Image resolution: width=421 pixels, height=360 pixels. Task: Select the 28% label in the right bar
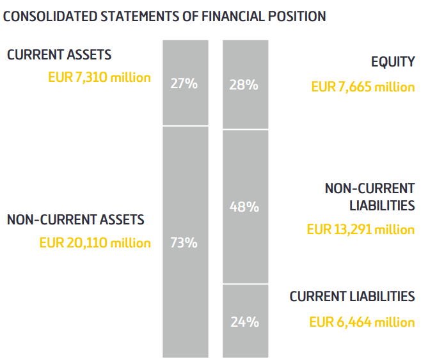(x=244, y=84)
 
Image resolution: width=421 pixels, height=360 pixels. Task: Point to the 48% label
(x=244, y=207)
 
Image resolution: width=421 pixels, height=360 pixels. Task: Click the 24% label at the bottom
(x=244, y=322)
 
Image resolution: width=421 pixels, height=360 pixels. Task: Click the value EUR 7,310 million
(x=99, y=77)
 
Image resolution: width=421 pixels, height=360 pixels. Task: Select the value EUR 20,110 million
(x=95, y=243)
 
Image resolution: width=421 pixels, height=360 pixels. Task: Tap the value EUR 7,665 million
(x=363, y=86)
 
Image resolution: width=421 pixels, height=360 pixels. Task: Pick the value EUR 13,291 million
(x=360, y=229)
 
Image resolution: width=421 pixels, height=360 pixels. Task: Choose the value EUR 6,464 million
(x=361, y=322)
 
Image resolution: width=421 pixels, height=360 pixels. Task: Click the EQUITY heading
(x=393, y=62)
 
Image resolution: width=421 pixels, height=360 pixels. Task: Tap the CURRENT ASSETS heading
(x=59, y=55)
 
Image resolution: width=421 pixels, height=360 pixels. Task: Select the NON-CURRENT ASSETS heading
(x=75, y=220)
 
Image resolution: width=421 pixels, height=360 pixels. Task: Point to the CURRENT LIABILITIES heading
(x=352, y=297)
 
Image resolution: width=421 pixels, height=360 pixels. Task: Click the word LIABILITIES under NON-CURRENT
(x=382, y=205)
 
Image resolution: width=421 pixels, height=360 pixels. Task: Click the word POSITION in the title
(x=296, y=17)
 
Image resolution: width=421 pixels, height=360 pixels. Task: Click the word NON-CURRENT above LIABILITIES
(x=370, y=188)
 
